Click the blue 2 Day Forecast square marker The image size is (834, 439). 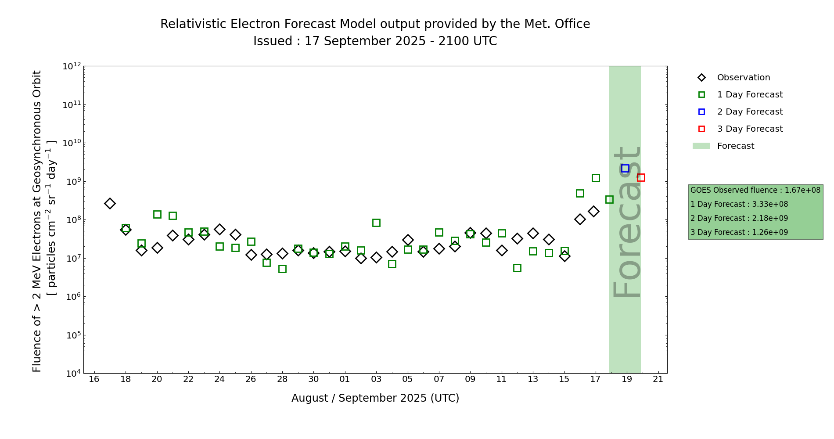[x=625, y=169]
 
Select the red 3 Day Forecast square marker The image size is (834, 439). [x=641, y=178]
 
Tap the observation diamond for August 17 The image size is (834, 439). [x=110, y=203]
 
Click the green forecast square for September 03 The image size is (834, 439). [x=376, y=223]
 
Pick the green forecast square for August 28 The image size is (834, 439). [x=282, y=269]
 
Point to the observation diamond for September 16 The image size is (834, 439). [x=580, y=219]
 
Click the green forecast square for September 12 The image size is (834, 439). [x=517, y=268]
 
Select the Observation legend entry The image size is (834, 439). [x=743, y=78]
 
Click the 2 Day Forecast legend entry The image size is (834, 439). [x=749, y=112]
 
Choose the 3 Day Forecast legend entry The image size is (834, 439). [x=749, y=129]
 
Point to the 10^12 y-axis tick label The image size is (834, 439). [x=72, y=66]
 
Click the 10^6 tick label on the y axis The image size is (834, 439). [x=72, y=297]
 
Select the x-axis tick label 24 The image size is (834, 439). [x=219, y=379]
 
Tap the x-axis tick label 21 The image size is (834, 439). [x=658, y=379]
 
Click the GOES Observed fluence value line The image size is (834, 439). [x=755, y=191]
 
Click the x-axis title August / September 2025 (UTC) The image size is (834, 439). [x=375, y=398]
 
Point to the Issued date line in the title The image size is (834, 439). [x=375, y=41]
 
